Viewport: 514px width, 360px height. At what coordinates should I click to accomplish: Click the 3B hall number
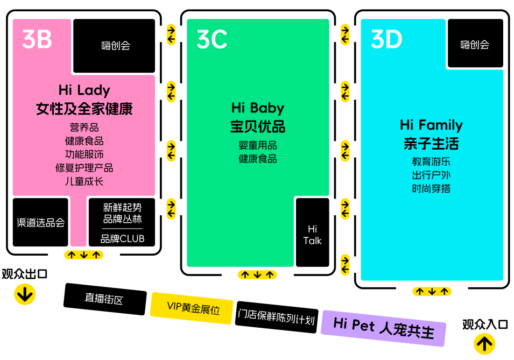click(37, 39)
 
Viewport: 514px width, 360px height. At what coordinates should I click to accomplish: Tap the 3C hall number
click(212, 39)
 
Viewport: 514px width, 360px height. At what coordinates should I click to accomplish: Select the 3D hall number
click(386, 39)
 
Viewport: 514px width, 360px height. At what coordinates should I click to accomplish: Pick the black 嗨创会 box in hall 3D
click(475, 44)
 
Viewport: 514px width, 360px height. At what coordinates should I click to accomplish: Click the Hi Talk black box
click(312, 232)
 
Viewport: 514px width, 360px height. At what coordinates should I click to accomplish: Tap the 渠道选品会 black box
click(40, 222)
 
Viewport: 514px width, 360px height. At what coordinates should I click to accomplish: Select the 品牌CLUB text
click(122, 238)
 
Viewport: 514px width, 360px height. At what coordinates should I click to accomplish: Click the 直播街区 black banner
click(104, 299)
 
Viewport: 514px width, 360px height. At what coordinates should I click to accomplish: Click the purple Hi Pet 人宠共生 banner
click(383, 327)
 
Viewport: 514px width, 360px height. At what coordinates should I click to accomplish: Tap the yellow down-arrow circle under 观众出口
click(25, 294)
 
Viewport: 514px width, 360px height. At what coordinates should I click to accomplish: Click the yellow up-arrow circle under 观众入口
click(484, 343)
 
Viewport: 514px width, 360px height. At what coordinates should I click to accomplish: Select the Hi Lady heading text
click(84, 90)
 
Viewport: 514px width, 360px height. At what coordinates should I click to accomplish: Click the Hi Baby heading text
click(257, 108)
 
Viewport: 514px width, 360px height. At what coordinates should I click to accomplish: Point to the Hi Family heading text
click(431, 125)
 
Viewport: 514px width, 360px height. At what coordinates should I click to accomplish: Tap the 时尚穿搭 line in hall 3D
click(431, 188)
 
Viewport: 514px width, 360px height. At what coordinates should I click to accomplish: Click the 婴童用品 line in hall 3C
click(257, 145)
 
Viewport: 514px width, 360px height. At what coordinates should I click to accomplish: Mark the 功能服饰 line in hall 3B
click(84, 154)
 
